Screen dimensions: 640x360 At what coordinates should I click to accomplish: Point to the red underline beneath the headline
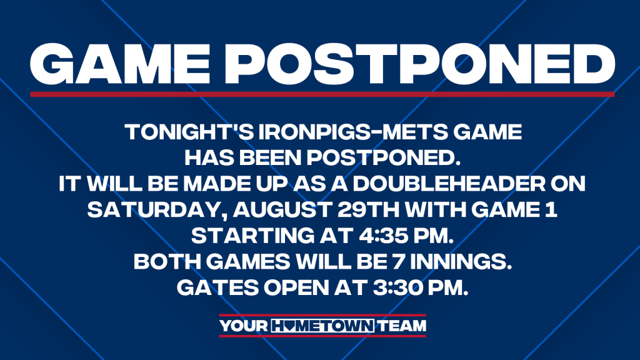tap(322, 94)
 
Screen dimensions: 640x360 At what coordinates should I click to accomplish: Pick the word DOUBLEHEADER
tap(449, 184)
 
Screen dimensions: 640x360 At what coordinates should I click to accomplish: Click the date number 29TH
tap(369, 210)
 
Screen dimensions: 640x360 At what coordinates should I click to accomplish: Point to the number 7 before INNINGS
tap(399, 262)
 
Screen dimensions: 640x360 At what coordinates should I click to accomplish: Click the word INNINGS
tap(461, 262)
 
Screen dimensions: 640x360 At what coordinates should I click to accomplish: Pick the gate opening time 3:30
tap(398, 287)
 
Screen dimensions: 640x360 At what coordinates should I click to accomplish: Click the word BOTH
tap(167, 262)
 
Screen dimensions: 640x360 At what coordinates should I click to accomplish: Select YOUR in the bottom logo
tap(244, 326)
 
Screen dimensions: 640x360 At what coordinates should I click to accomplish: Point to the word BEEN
tap(270, 158)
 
